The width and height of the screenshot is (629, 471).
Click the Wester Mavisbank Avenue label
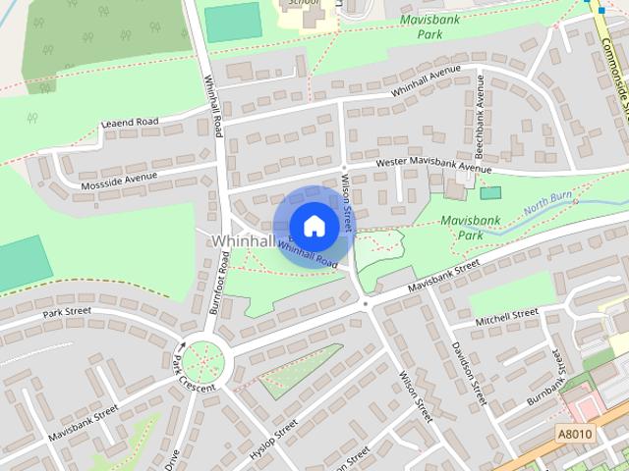432,168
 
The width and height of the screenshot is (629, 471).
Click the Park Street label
67,312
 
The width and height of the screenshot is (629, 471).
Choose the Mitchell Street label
507,316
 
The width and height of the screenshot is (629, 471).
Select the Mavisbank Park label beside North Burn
461,228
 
